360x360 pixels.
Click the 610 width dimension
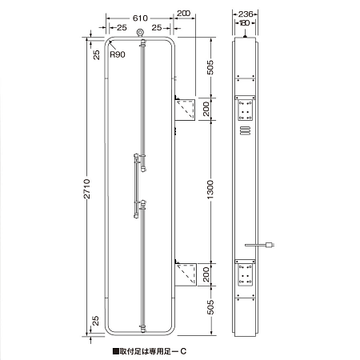(x=141, y=15)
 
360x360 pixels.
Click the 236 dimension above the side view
(x=246, y=14)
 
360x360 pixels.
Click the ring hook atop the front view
(x=141, y=33)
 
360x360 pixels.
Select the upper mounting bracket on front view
(x=186, y=109)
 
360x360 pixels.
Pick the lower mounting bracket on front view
(x=186, y=274)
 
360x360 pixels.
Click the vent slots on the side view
(x=246, y=130)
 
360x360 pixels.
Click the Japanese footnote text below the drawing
(x=150, y=350)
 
